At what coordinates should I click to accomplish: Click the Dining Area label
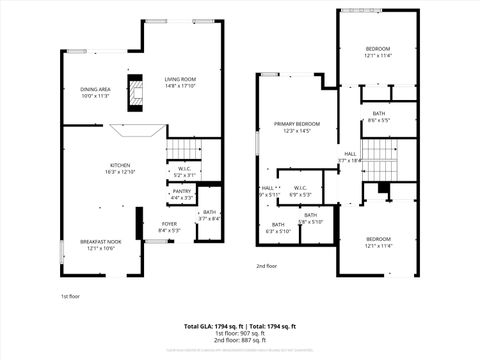(x=95, y=93)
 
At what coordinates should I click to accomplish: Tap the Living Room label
(x=180, y=82)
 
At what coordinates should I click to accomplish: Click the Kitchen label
(x=120, y=168)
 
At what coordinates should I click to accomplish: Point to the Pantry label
(x=181, y=194)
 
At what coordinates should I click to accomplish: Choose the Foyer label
(x=169, y=227)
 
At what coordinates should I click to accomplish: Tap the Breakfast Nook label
(x=101, y=244)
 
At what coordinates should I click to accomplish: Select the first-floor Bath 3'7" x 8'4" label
(x=209, y=215)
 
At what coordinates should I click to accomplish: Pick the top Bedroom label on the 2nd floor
(x=377, y=52)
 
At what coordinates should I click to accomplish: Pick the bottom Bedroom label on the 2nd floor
(x=377, y=242)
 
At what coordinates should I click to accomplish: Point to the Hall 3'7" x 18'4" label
(x=350, y=157)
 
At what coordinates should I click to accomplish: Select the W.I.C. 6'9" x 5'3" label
(x=300, y=190)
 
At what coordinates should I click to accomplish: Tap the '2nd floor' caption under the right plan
(x=266, y=266)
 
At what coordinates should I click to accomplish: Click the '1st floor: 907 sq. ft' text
(x=240, y=333)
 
